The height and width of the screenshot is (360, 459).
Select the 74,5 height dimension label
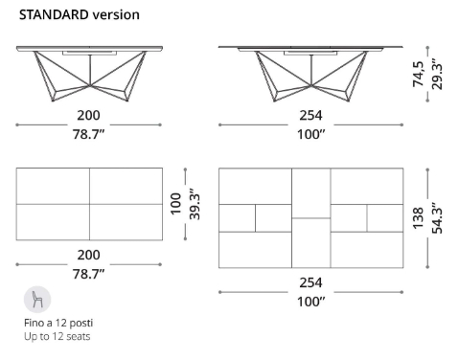point(419,74)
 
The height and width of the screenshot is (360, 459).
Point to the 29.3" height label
point(437,74)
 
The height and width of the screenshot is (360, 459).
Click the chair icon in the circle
point(38,299)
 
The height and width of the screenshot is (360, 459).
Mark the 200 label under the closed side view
point(89,115)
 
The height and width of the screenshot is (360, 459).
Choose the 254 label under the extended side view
point(310,115)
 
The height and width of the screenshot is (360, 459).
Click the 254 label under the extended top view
point(310,283)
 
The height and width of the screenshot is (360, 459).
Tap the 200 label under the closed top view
point(89,257)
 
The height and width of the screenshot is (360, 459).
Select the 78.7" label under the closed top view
point(89,274)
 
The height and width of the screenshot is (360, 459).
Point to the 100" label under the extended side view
point(310,132)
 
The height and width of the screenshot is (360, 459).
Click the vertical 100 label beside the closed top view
point(175,204)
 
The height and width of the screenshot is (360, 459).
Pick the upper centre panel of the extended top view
point(310,192)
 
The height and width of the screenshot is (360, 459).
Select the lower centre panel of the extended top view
point(310,242)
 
